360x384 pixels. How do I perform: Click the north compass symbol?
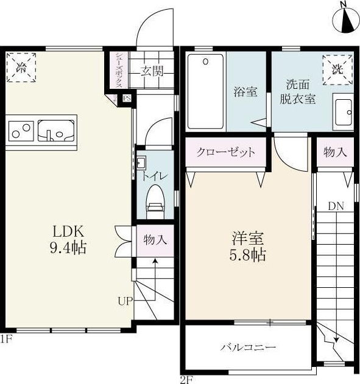(345, 18)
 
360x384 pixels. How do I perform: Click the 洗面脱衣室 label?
(298, 92)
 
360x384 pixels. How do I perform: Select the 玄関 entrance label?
(153, 71)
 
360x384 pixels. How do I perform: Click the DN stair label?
(336, 206)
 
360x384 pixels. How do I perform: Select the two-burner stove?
(21, 130)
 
